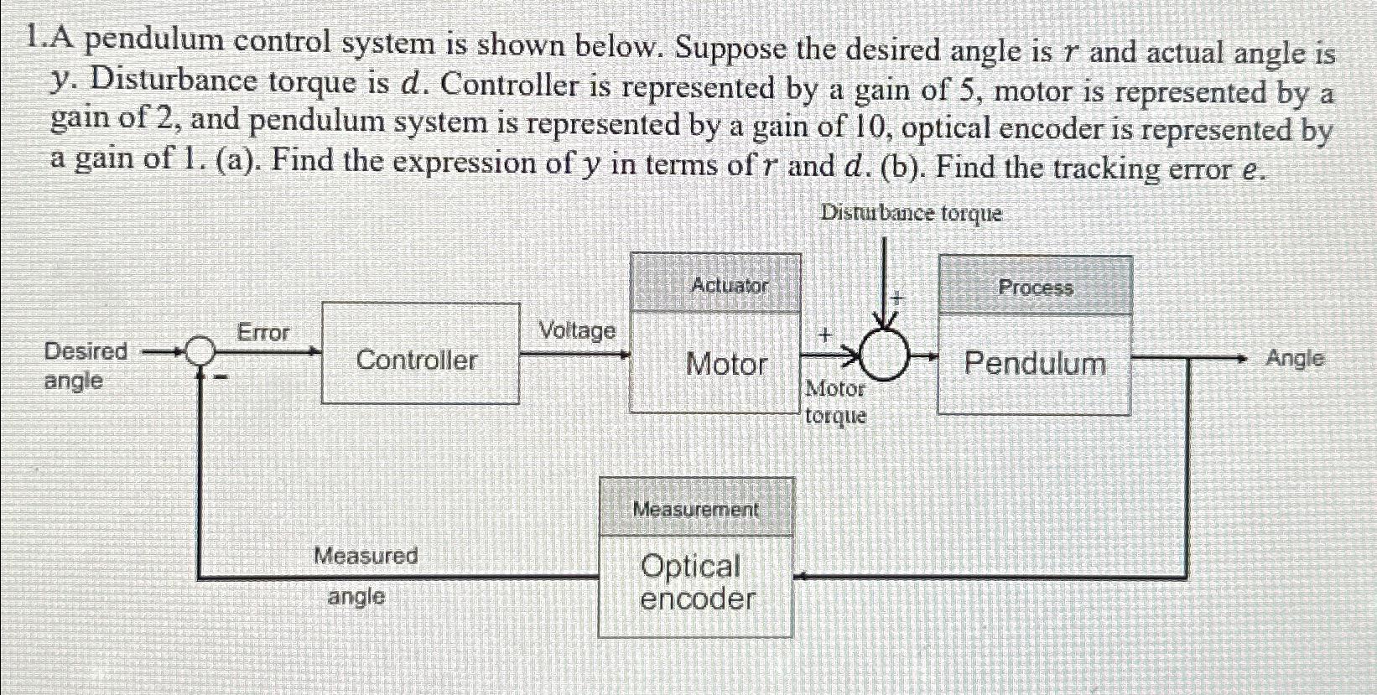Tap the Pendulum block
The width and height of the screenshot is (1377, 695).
pyautogui.click(x=1035, y=364)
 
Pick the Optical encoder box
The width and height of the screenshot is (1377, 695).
pyautogui.click(x=696, y=583)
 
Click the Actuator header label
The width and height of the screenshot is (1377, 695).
pyautogui.click(x=730, y=285)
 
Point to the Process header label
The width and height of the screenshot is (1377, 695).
pyautogui.click(x=1036, y=288)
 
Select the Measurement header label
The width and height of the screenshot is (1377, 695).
pyautogui.click(x=695, y=509)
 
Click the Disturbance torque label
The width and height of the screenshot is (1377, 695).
pyautogui.click(x=911, y=214)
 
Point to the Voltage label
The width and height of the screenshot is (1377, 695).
pyautogui.click(x=577, y=330)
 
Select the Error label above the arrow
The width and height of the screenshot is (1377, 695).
pyautogui.click(x=263, y=333)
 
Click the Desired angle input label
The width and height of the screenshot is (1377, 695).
pyautogui.click(x=85, y=366)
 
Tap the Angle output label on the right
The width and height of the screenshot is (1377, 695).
pyautogui.click(x=1295, y=359)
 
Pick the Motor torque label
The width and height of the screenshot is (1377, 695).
pyautogui.click(x=835, y=402)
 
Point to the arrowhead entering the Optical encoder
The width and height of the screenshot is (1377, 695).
pyautogui.click(x=799, y=577)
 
